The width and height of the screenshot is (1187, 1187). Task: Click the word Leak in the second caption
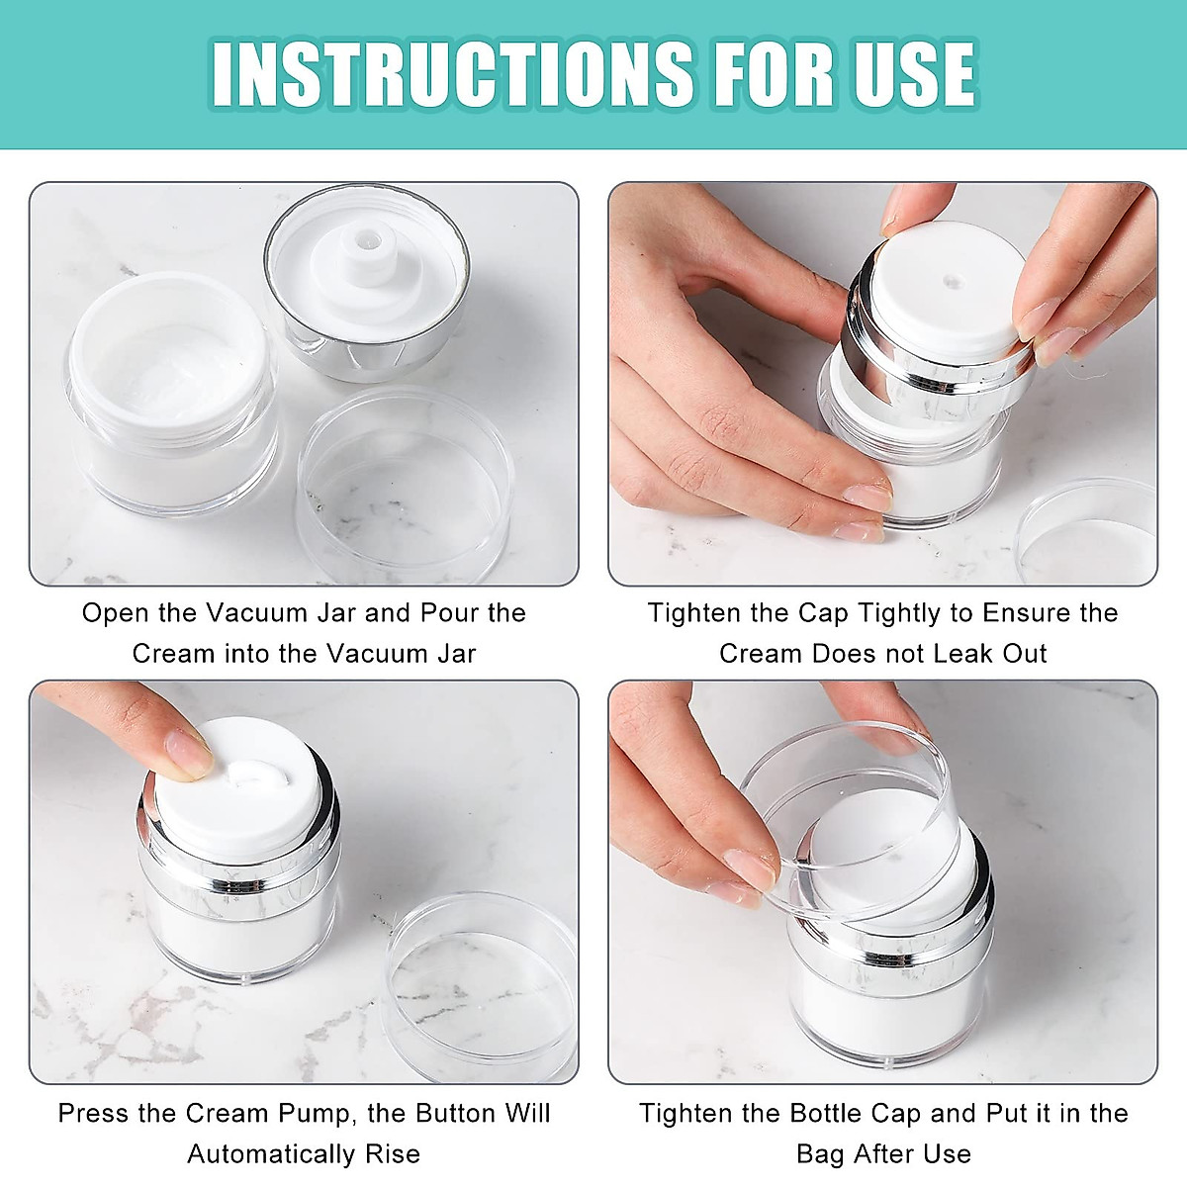pos(922,654)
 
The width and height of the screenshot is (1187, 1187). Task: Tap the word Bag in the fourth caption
pos(821,1154)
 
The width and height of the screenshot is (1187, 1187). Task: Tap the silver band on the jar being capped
pos(890,956)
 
